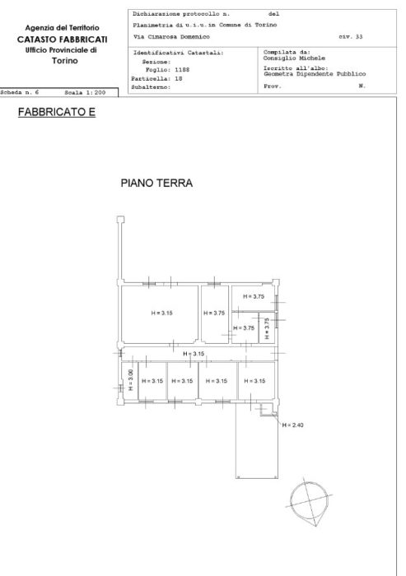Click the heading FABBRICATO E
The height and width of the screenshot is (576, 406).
(56, 112)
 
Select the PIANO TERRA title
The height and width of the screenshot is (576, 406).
(156, 183)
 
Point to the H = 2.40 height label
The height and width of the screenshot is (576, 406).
(293, 425)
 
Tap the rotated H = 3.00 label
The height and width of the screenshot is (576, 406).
(130, 381)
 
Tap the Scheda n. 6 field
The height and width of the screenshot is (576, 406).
(21, 93)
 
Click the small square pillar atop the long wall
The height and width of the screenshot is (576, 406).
(121, 219)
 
